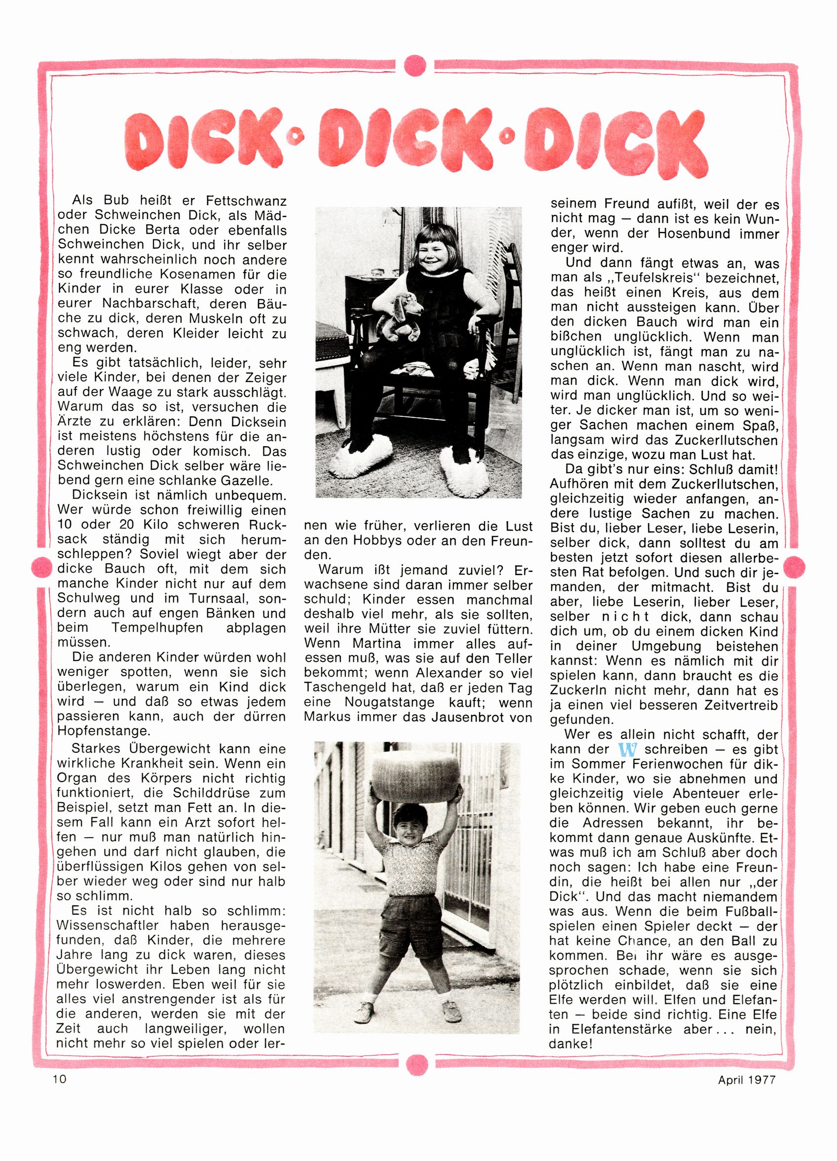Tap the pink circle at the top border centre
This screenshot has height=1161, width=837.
coord(414,66)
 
